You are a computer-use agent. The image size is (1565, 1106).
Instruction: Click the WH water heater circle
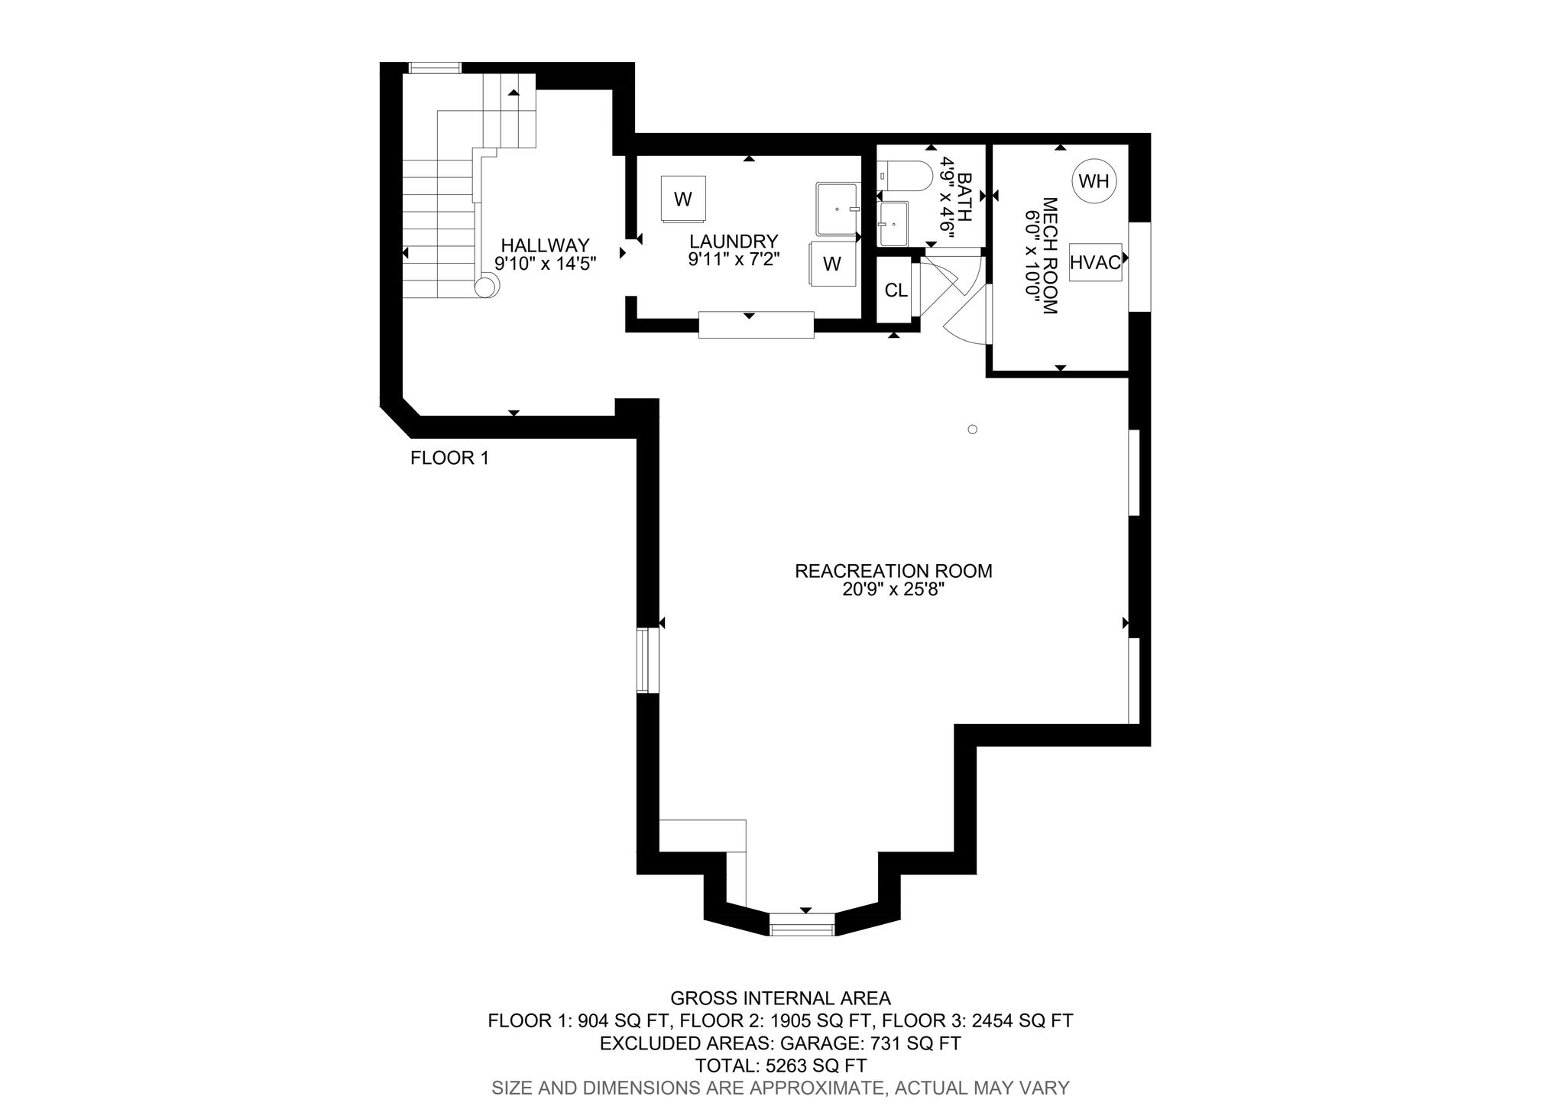(x=1094, y=181)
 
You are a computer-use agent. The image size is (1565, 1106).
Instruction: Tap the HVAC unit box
(x=1095, y=263)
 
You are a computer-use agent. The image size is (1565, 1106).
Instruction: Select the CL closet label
(x=896, y=290)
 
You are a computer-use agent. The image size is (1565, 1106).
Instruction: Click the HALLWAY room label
(x=545, y=245)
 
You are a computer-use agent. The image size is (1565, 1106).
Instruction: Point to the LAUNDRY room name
(x=734, y=242)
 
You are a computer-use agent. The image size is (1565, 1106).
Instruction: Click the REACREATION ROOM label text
(x=893, y=571)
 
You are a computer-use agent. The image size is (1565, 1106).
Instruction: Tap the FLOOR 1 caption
(x=449, y=458)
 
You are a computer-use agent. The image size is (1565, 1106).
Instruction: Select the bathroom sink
(x=893, y=223)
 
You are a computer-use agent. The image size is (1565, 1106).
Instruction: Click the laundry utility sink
(x=838, y=208)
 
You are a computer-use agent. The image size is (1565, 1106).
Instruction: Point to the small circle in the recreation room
(x=972, y=430)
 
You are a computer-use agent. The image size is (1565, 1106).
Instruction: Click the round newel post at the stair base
(x=485, y=287)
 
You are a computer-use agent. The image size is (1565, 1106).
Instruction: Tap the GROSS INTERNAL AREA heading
(x=780, y=998)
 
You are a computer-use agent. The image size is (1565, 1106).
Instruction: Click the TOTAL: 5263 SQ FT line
(x=780, y=1065)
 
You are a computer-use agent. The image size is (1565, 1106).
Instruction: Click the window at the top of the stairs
(x=435, y=68)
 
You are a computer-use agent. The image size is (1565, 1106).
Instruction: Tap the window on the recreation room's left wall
(x=647, y=660)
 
